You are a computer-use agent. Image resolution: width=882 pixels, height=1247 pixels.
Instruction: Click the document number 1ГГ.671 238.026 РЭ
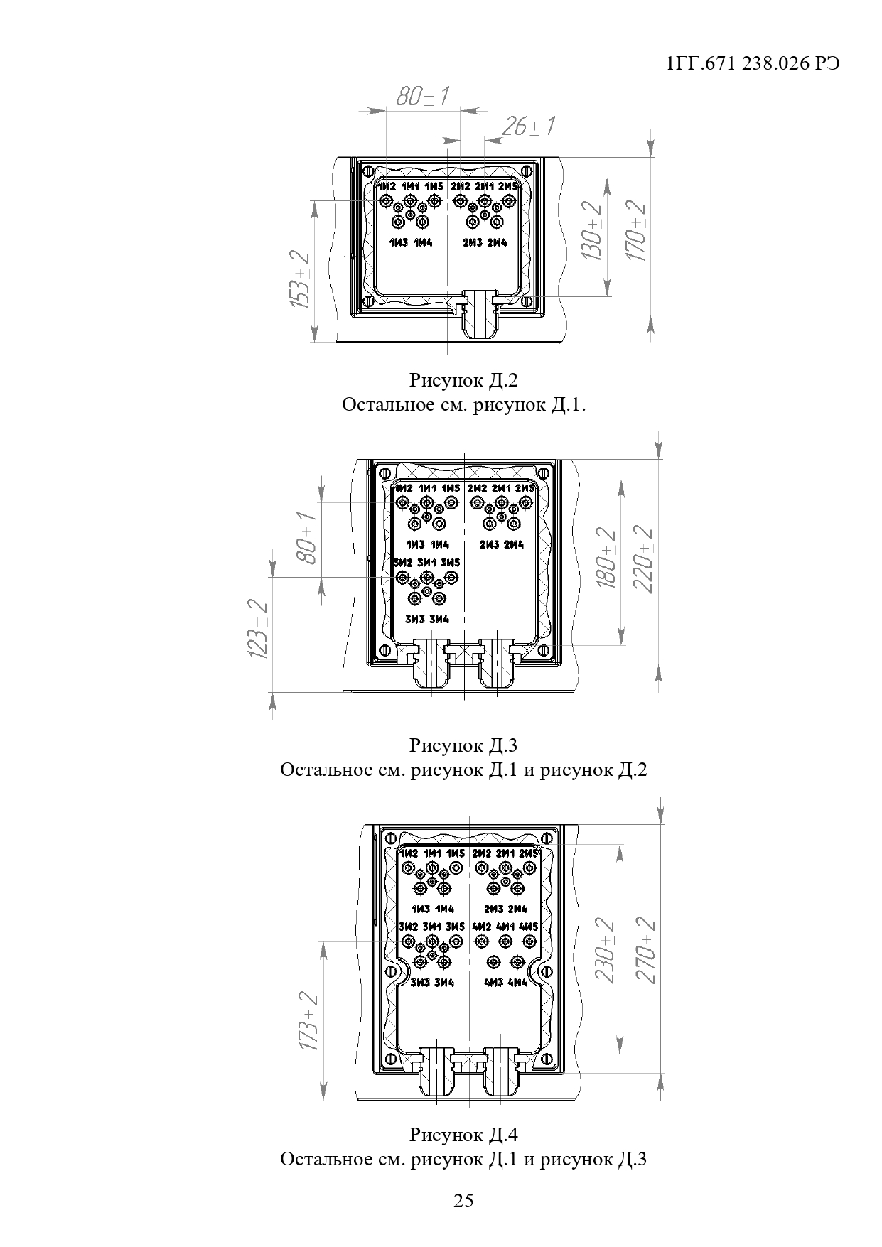pos(753,63)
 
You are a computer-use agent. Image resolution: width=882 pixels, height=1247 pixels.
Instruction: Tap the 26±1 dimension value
pos(528,126)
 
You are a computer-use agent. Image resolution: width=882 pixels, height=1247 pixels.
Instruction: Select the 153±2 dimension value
pos(301,279)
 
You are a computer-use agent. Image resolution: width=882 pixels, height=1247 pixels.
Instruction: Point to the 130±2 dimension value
pos(591,231)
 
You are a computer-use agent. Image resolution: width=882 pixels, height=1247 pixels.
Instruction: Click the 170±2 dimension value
pos(636,231)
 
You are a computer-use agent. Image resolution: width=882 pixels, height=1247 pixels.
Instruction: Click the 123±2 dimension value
pos(259,630)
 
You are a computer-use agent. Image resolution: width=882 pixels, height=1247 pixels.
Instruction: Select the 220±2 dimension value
pos(645,558)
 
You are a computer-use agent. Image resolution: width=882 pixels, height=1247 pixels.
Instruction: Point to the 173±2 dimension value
pos(307,1022)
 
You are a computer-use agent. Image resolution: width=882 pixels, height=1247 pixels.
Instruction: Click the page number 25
pos(463,1202)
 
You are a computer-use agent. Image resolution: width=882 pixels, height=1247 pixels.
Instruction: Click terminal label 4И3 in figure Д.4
pos(494,983)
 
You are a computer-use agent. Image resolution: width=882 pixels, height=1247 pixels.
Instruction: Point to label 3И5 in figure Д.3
pos(451,563)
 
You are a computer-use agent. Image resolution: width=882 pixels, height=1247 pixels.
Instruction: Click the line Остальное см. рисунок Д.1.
pos(463,406)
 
